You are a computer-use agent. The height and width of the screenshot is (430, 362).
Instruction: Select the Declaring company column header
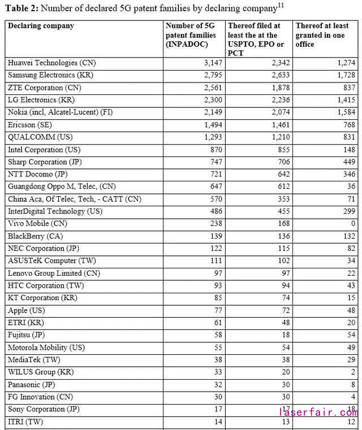point(41,26)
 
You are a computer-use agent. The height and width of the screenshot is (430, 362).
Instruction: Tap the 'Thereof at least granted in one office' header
point(322,35)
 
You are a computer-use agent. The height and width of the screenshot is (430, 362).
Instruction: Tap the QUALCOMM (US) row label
point(40,137)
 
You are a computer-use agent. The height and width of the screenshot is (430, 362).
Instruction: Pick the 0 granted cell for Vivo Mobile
point(354,224)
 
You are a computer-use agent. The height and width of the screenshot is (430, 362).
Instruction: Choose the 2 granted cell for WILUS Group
point(354,372)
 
